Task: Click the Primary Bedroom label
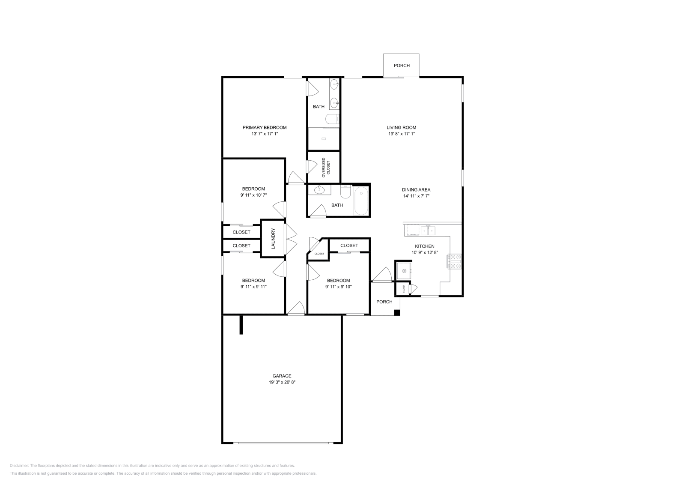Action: pyautogui.click(x=264, y=127)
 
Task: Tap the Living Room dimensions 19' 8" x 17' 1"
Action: pyautogui.click(x=401, y=134)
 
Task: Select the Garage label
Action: pyautogui.click(x=282, y=376)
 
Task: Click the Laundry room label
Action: pyautogui.click(x=273, y=239)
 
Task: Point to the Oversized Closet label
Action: pyautogui.click(x=326, y=168)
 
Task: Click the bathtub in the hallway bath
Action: pyautogui.click(x=361, y=201)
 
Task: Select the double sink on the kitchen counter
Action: pyautogui.click(x=428, y=231)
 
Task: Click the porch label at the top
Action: pyautogui.click(x=402, y=66)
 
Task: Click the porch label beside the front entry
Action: pyautogui.click(x=384, y=302)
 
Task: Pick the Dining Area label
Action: pyautogui.click(x=416, y=190)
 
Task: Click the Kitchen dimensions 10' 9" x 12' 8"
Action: pyautogui.click(x=424, y=252)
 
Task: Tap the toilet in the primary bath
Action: pyautogui.click(x=332, y=119)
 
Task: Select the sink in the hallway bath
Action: pyautogui.click(x=319, y=189)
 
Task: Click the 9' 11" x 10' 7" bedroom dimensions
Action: pyautogui.click(x=253, y=195)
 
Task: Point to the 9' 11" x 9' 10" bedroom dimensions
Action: pyautogui.click(x=338, y=287)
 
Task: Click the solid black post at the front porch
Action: pyautogui.click(x=397, y=313)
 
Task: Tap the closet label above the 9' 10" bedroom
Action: pyautogui.click(x=349, y=245)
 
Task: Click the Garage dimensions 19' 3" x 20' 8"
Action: pyautogui.click(x=282, y=382)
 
